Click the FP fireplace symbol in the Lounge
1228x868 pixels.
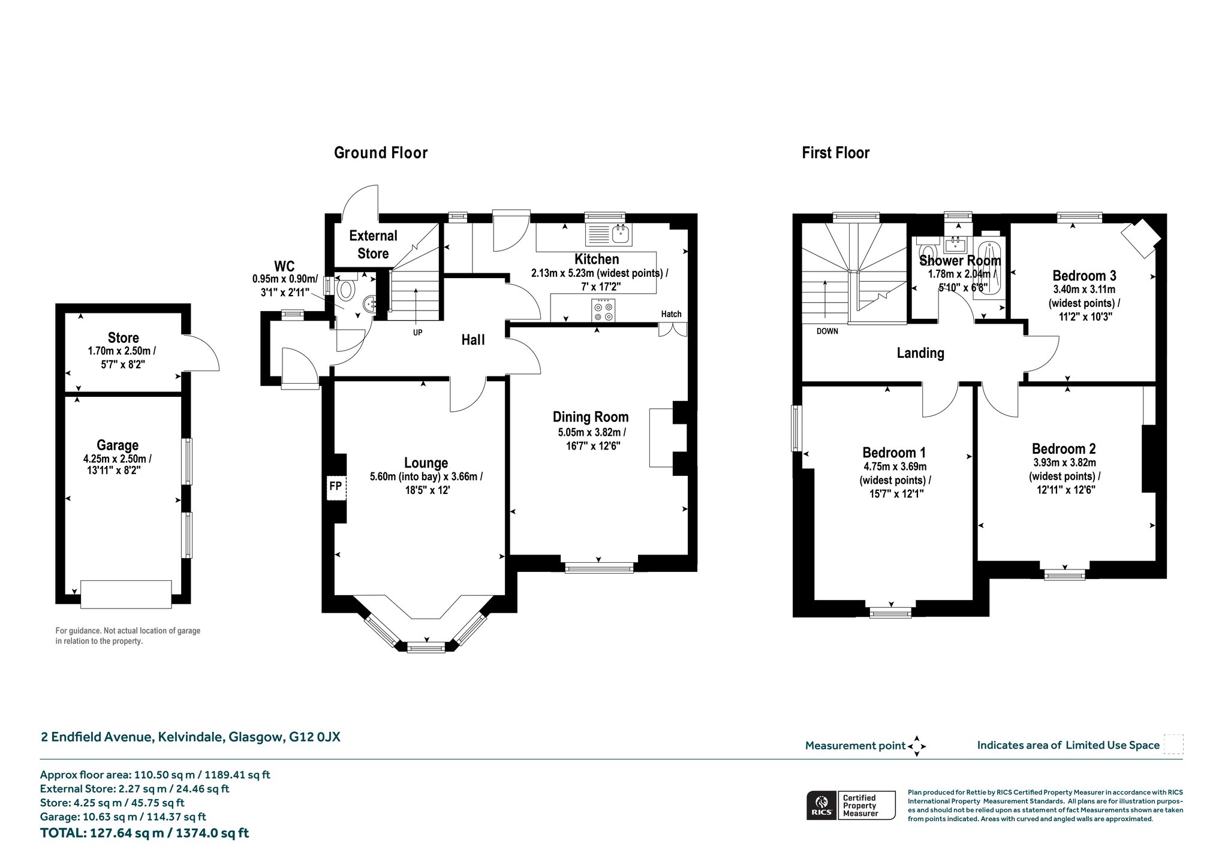(x=335, y=486)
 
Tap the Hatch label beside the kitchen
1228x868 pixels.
(x=671, y=314)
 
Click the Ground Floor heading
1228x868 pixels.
(x=381, y=153)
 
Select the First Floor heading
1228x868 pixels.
(x=836, y=153)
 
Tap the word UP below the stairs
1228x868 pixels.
(x=417, y=332)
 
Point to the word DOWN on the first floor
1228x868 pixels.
(x=827, y=331)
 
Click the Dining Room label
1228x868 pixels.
(x=591, y=417)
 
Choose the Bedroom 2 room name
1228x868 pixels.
(x=1064, y=448)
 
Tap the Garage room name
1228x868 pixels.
(x=118, y=445)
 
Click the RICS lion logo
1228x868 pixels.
(x=821, y=805)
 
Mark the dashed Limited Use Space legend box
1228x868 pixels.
(x=1173, y=745)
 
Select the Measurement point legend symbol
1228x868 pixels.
(x=917, y=746)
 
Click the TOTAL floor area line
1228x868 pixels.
(x=145, y=833)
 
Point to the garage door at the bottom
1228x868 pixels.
(x=126, y=594)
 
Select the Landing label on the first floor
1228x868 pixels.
(x=920, y=353)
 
